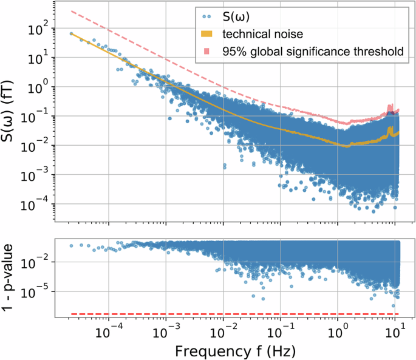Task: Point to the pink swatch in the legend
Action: [x=207, y=52]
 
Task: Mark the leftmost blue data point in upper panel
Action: [x=71, y=34]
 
